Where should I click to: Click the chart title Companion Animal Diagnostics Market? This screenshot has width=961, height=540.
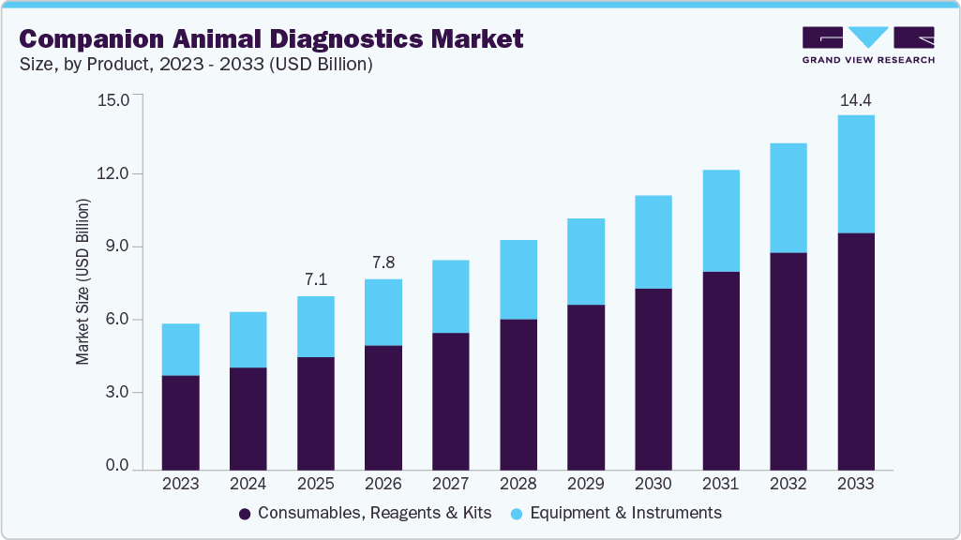[271, 38]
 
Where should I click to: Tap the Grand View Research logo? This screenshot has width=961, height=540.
[868, 44]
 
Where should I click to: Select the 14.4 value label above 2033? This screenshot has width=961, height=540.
[856, 100]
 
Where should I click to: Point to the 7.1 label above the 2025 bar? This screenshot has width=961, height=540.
[315, 280]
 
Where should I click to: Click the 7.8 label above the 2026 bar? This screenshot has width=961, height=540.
[383, 263]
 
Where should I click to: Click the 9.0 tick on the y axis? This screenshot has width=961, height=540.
[117, 247]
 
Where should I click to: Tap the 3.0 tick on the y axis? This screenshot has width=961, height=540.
[117, 393]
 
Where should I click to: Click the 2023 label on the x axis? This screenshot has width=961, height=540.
[180, 485]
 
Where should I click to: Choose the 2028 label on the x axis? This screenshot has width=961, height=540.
[518, 485]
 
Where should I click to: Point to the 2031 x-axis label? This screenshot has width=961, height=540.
[721, 485]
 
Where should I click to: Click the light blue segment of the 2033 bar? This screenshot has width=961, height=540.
[856, 173]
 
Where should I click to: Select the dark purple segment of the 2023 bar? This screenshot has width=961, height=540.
[180, 422]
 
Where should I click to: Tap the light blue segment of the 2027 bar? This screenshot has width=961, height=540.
[450, 296]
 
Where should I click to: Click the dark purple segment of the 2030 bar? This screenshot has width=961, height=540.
[653, 379]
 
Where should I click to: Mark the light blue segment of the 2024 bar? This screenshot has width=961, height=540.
[248, 339]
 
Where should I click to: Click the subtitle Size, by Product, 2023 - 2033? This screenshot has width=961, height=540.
[197, 65]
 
